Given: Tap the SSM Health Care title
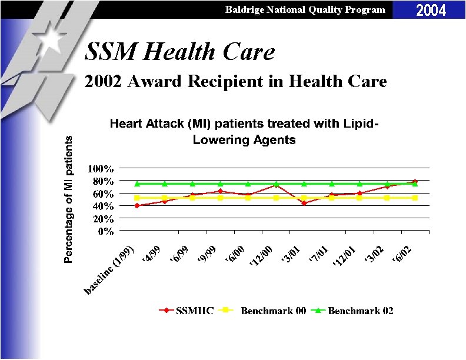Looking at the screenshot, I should coord(179,52).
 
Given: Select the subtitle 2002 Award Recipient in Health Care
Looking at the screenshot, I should coord(235,82).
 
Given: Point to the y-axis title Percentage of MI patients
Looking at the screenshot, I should coord(69,199).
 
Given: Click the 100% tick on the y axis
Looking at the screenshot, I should coord(101,169).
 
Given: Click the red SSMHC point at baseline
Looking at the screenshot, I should coord(137,205).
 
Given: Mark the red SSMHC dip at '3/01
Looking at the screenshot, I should coord(304,203).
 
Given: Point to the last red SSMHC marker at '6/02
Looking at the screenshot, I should coord(415,182).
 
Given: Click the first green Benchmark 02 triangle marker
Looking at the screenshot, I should coord(137,184).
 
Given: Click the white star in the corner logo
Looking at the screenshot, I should coord(54,39).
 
